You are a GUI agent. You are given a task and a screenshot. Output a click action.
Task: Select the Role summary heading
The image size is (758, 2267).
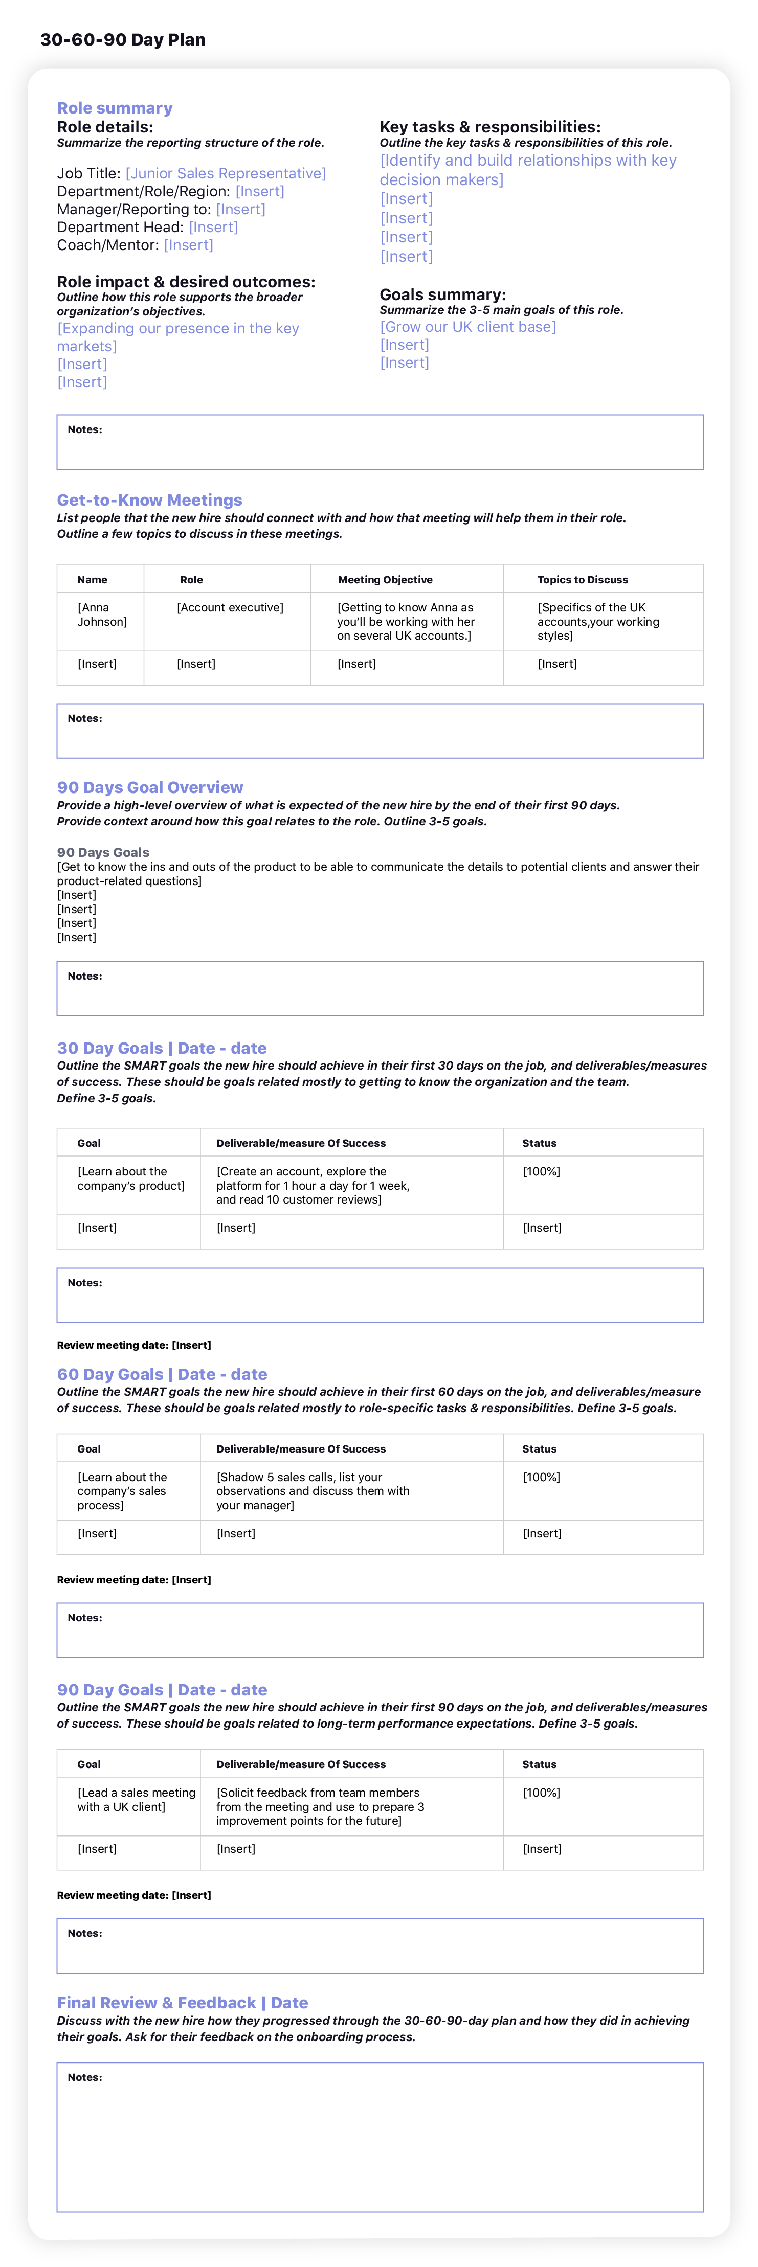pyautogui.click(x=115, y=108)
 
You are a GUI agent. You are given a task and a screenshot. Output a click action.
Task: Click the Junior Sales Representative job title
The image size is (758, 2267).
pyautogui.click(x=226, y=173)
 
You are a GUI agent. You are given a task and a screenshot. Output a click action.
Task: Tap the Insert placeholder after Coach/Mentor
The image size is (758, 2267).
pyautogui.click(x=188, y=245)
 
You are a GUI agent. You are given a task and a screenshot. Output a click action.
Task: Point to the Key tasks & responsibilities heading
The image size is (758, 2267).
pyautogui.click(x=489, y=127)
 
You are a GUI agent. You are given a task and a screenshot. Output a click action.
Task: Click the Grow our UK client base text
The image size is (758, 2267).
pyautogui.click(x=467, y=327)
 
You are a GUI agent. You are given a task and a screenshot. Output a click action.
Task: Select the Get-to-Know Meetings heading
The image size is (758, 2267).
pyautogui.click(x=150, y=500)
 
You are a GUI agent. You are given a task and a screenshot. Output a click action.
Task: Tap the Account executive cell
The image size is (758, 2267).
pyautogui.click(x=230, y=607)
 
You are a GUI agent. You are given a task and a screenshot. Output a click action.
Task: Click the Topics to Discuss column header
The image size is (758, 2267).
pyautogui.click(x=583, y=580)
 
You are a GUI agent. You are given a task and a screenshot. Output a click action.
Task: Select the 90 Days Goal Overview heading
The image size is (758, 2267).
pyautogui.click(x=150, y=788)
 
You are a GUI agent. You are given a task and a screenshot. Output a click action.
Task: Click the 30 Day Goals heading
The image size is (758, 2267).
pyautogui.click(x=161, y=1048)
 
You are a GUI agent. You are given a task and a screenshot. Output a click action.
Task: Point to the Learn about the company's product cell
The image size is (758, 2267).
pyautogui.click(x=130, y=1178)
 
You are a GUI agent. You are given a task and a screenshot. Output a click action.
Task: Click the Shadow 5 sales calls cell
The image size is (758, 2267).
pyautogui.click(x=313, y=1491)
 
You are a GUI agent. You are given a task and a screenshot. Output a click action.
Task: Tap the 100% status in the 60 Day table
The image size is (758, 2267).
pyautogui.click(x=542, y=1477)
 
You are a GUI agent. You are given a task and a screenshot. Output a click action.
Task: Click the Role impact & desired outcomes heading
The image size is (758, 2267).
pyautogui.click(x=186, y=282)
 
